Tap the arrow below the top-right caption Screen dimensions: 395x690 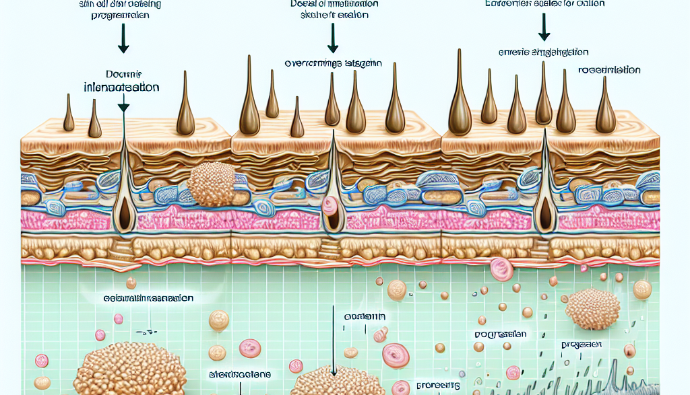click(x=542, y=28)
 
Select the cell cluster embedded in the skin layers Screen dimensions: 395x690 click(x=211, y=182)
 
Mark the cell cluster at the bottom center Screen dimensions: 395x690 click(x=330, y=382)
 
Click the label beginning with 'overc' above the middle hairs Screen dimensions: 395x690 click(x=333, y=64)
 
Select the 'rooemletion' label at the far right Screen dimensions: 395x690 click(x=609, y=69)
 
